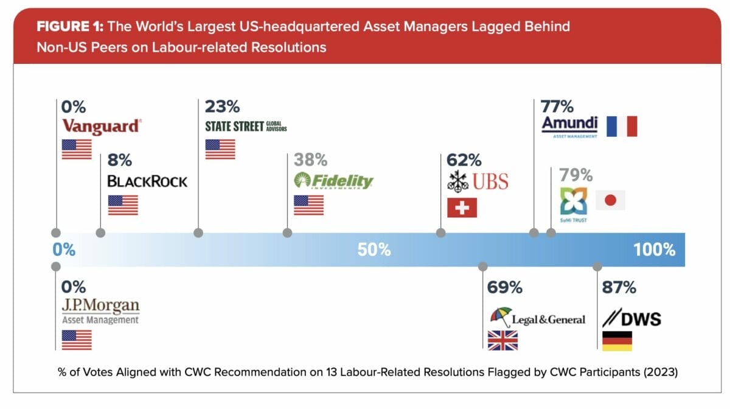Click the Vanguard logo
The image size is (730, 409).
pyautogui.click(x=102, y=126)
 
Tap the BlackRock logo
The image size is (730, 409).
pyautogui.click(x=147, y=181)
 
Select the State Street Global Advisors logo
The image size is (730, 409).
pyautogui.click(x=246, y=126)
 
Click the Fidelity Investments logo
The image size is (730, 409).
pyautogui.click(x=333, y=181)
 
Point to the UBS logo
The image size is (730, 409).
pyautogui.click(x=477, y=181)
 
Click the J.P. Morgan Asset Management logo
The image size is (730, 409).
pyautogui.click(x=100, y=310)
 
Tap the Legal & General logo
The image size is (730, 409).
pyautogui.click(x=538, y=318)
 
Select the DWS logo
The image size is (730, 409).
pyautogui.click(x=631, y=318)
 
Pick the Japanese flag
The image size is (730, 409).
pyautogui.click(x=610, y=200)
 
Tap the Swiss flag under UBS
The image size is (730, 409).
pyautogui.click(x=462, y=208)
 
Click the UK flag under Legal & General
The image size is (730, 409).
pyautogui.click(x=502, y=340)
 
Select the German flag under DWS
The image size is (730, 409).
pyautogui.click(x=617, y=341)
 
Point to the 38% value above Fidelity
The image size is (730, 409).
pyautogui.click(x=310, y=160)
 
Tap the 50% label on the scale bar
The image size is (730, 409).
pyautogui.click(x=374, y=250)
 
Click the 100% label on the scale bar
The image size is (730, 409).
pyautogui.click(x=655, y=250)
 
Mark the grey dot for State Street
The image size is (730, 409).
pyautogui.click(x=198, y=232)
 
